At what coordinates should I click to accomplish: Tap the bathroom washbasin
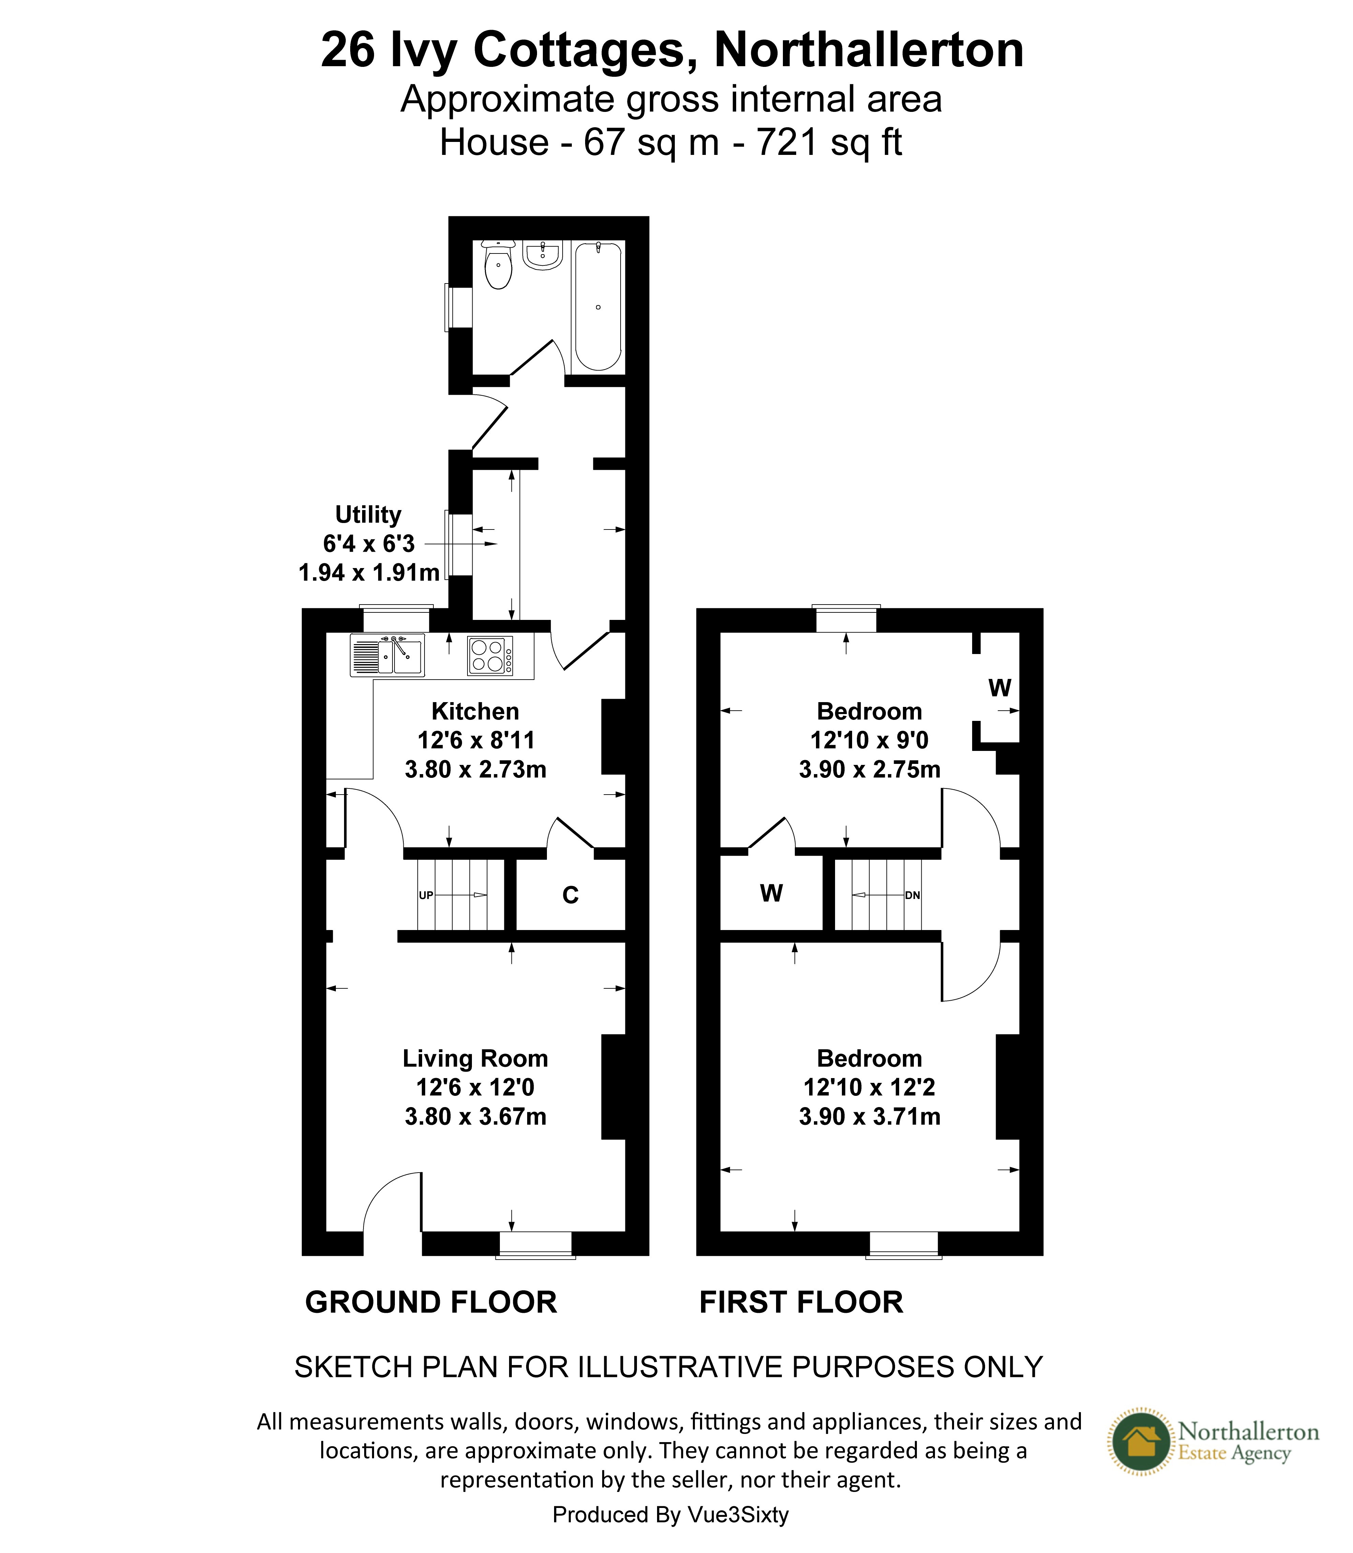point(543,255)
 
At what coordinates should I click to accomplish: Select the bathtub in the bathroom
point(598,306)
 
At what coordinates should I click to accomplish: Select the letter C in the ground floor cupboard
point(571,895)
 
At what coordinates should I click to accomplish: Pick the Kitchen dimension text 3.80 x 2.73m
point(476,770)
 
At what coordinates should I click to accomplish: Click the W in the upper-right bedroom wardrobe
point(1000,688)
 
